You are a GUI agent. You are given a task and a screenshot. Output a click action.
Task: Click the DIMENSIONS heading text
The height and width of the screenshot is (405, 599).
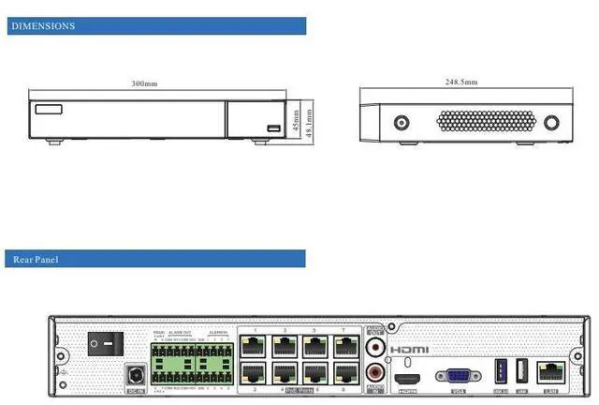[42, 26]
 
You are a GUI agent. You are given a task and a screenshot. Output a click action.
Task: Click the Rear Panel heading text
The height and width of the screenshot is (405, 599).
[36, 259]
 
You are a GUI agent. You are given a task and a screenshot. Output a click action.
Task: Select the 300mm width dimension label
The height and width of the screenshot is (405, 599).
[144, 84]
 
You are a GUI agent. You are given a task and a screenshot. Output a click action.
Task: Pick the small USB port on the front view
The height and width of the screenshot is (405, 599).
[273, 128]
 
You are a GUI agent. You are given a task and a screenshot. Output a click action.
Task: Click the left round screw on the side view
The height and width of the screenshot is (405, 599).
[401, 123]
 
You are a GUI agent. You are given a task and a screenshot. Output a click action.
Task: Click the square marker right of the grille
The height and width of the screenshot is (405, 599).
[551, 122]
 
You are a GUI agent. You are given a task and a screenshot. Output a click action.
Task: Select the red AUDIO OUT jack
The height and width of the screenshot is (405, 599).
[376, 347]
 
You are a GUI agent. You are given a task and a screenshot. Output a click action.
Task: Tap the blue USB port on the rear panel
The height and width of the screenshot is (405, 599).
[500, 367]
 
